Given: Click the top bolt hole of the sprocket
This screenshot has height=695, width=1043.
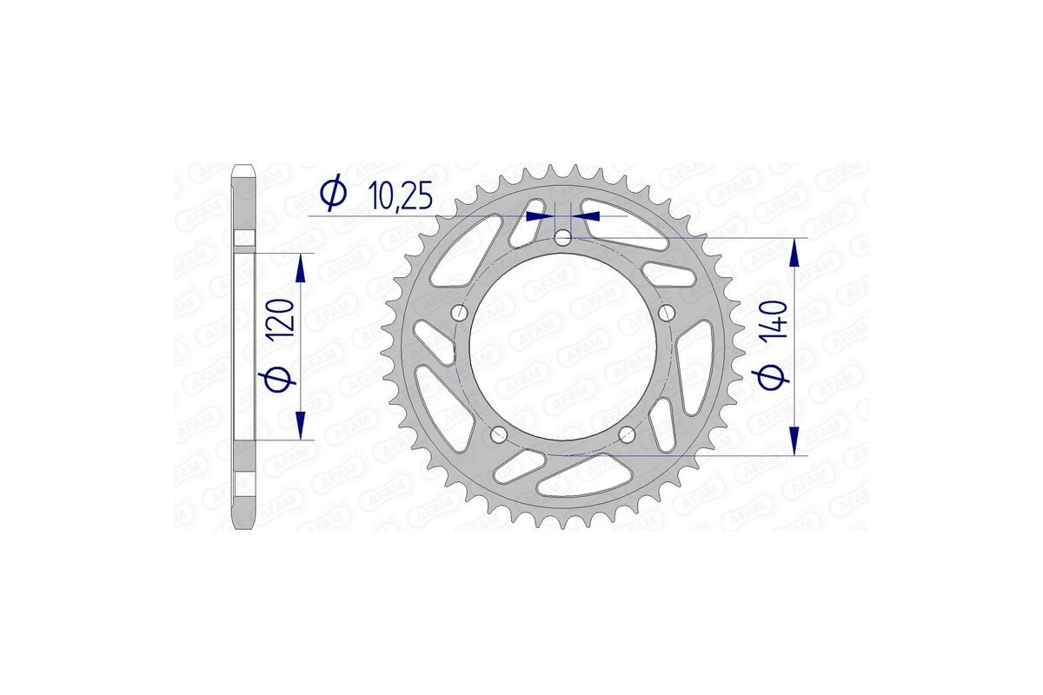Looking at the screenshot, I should click(563, 237).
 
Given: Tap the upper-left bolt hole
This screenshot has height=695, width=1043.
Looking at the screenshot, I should click(460, 312).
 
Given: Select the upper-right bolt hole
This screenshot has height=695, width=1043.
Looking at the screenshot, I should click(667, 312).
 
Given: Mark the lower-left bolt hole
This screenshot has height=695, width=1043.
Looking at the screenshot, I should click(499, 434).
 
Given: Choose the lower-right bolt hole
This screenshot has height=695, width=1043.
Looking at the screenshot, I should click(628, 434).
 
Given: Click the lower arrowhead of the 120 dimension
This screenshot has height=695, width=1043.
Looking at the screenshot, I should click(301, 426).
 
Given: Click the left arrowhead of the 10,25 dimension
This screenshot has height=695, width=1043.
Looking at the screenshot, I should click(545, 215).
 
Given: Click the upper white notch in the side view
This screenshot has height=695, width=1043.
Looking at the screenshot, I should click(243, 239).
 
